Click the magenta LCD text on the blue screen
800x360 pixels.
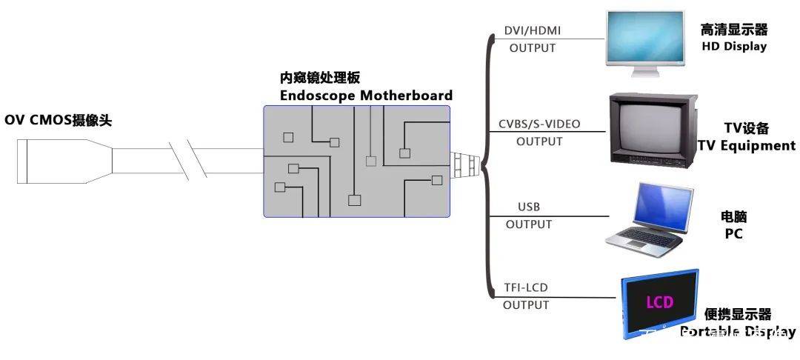tap(659, 302)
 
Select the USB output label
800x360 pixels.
tap(528, 207)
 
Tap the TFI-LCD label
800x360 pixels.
tap(526, 287)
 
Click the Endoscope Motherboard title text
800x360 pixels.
tap(366, 96)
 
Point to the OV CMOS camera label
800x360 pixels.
tap(59, 120)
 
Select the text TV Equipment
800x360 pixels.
tap(747, 146)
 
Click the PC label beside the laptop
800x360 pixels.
tap(733, 234)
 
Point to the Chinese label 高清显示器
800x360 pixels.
tap(733, 30)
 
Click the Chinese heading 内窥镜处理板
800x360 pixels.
tap(319, 78)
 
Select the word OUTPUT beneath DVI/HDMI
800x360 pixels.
tap(532, 48)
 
